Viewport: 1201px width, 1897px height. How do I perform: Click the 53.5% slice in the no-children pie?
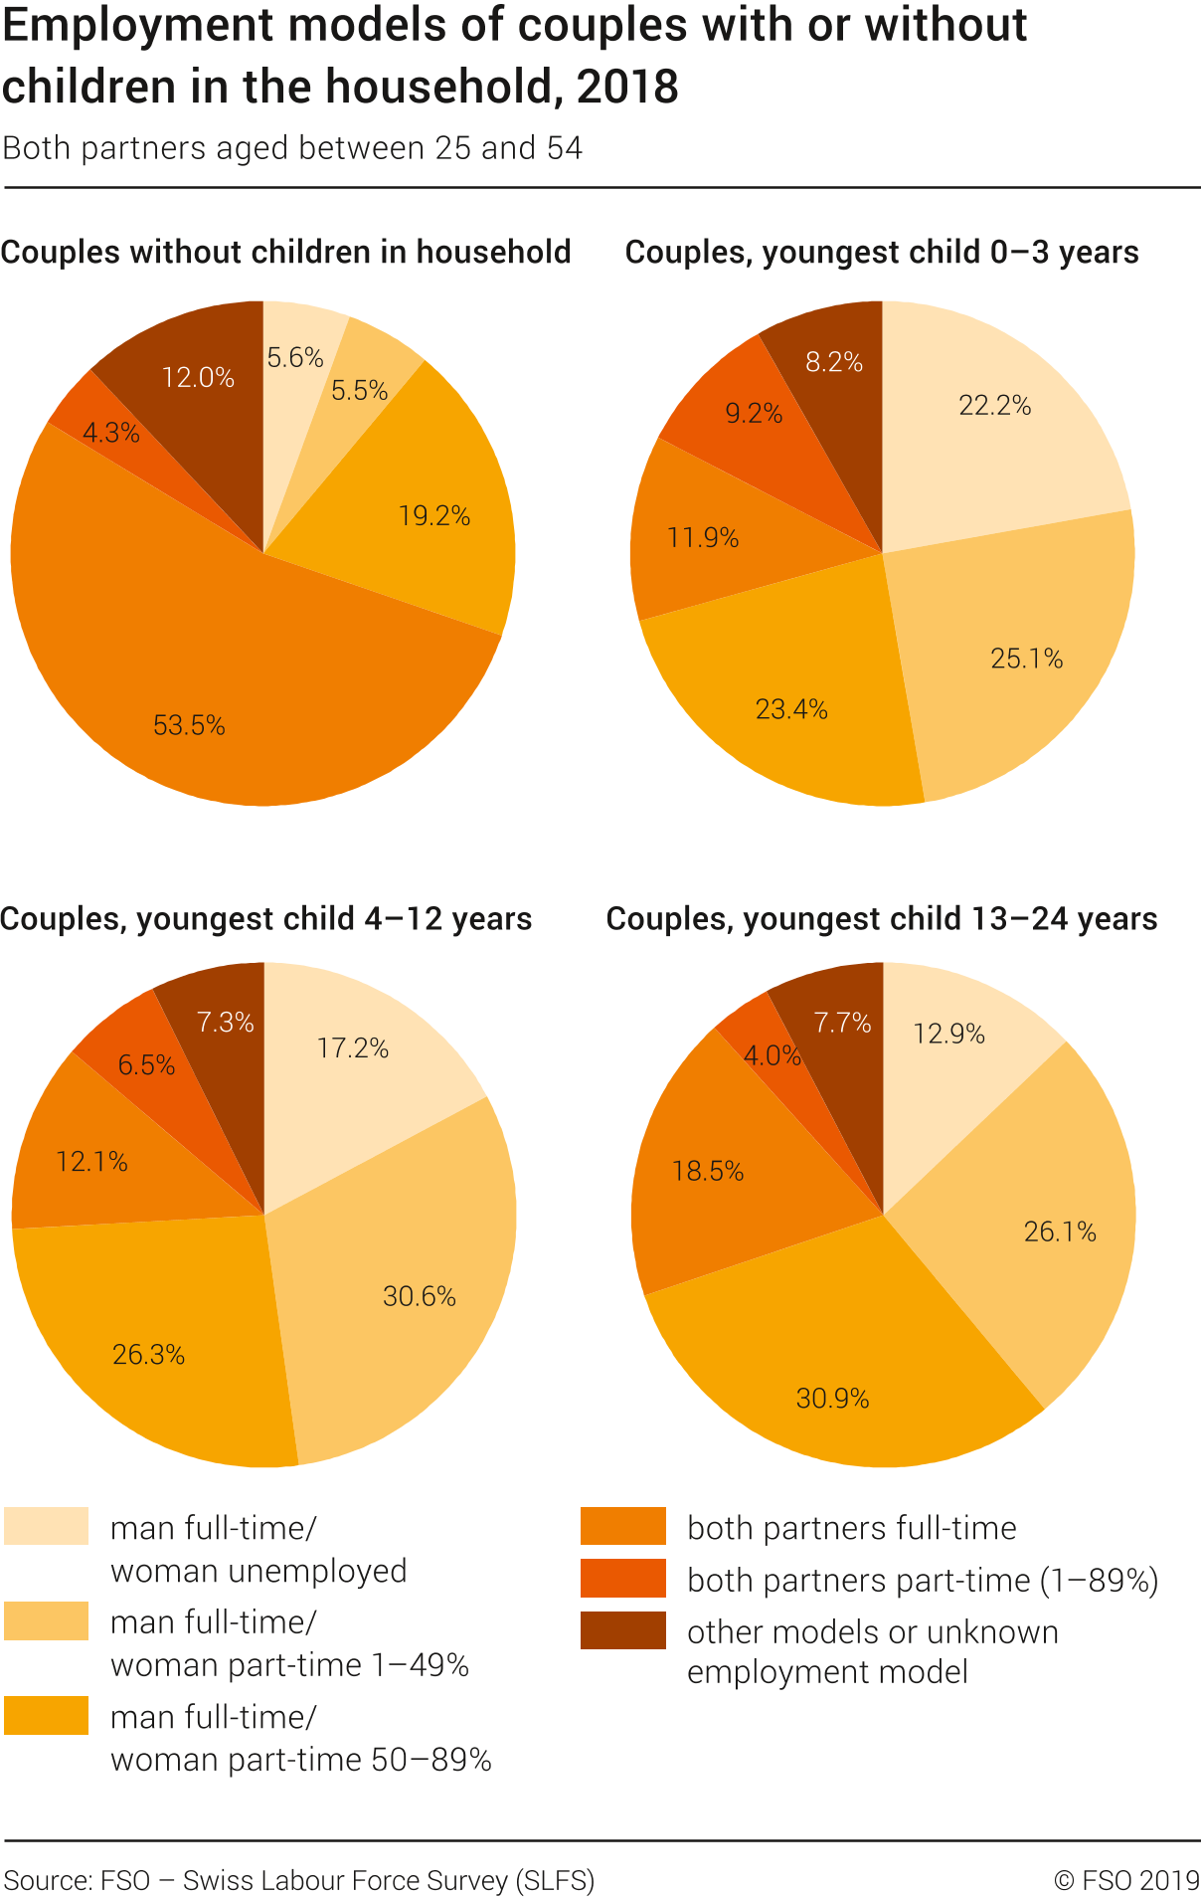point(189,696)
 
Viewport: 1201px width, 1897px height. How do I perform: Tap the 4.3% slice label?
point(110,433)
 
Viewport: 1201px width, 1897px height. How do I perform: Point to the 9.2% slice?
point(753,413)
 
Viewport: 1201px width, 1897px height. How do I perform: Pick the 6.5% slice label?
point(146,1065)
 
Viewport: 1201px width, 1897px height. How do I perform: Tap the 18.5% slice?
point(707,1171)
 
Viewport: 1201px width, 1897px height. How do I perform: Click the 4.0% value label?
point(772,1055)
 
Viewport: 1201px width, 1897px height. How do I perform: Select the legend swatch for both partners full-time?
point(622,1526)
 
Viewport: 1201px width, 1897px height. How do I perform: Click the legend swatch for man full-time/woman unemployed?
point(46,1526)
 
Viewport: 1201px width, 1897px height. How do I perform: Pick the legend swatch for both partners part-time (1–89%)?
point(622,1579)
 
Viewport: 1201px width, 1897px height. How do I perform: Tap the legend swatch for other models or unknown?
point(622,1630)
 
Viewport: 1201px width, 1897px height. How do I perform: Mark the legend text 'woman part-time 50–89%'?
point(300,1760)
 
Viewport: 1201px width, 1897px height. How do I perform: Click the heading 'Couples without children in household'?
point(285,252)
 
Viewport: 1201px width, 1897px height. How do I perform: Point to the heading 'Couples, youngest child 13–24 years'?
point(881,918)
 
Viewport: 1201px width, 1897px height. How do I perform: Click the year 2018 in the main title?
point(627,87)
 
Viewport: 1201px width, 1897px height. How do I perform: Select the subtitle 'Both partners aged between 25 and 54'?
point(292,148)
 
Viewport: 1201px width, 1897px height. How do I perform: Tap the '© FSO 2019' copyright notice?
point(1126,1880)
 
